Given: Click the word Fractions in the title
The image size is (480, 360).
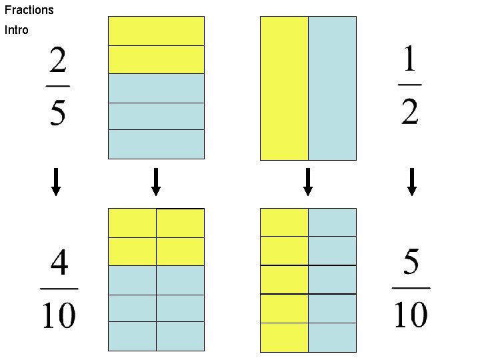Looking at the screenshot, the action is (29, 10).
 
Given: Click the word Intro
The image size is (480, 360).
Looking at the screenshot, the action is (17, 30).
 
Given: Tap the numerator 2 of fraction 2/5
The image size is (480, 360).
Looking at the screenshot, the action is (57, 64).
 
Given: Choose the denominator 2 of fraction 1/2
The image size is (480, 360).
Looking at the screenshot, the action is (410, 111).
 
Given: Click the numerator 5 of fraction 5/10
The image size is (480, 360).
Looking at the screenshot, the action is (411, 264).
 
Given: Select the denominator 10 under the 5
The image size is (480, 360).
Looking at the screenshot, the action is (411, 314).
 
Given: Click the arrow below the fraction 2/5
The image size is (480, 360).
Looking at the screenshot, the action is (57, 182).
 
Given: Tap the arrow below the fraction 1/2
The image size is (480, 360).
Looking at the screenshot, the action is (412, 182).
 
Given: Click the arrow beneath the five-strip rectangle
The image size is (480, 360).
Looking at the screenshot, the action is (156, 182).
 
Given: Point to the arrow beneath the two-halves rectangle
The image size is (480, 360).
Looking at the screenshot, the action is (308, 182).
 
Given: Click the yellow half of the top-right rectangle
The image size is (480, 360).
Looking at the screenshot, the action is (284, 88).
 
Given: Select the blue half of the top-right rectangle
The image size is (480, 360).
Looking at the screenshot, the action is (332, 88).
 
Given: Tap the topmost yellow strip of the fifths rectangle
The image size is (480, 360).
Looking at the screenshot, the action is (156, 31).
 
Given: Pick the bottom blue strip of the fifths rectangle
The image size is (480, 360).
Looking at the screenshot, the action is (156, 144).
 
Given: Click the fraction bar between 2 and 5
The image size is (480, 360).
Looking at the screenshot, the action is (57, 86).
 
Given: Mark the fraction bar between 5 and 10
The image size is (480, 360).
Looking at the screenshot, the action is (411, 289).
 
